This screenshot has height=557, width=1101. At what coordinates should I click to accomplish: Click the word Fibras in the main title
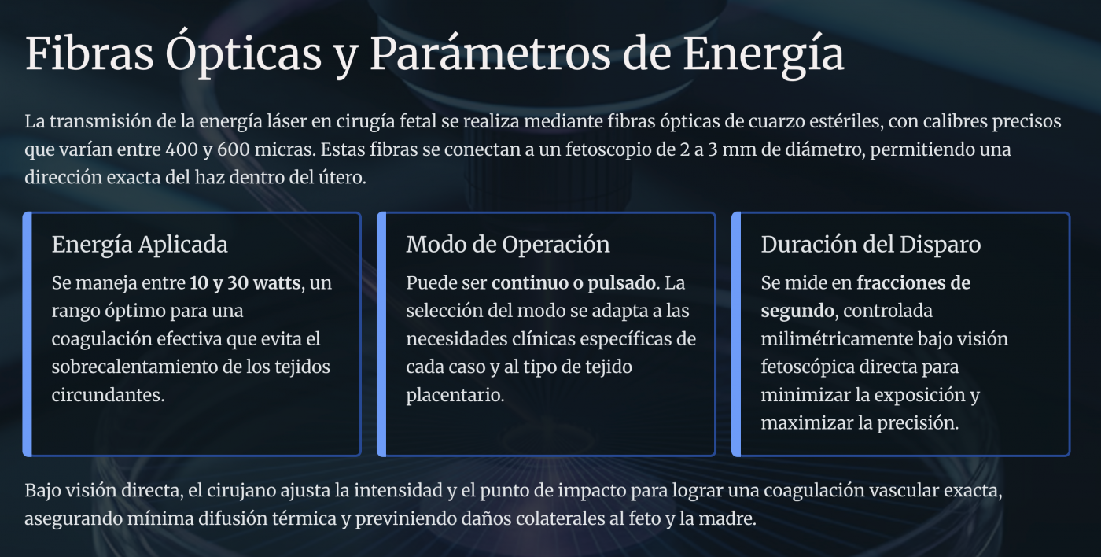coord(89,53)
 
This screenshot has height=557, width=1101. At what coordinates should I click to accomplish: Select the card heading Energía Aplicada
coord(140,245)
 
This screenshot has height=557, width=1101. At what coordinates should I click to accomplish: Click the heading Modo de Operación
coord(508,245)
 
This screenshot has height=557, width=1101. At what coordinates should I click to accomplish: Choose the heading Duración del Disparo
coord(871,245)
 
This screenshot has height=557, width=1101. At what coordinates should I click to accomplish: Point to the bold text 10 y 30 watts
coord(245,283)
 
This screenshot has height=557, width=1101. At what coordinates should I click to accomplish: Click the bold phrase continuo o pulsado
coord(573,283)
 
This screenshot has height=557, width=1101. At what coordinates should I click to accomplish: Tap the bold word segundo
coord(797,312)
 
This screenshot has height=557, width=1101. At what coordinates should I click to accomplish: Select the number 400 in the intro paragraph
coord(182,149)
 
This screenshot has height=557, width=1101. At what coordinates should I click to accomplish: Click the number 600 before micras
coord(234,149)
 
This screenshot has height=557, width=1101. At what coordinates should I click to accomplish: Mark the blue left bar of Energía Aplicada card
coord(28,334)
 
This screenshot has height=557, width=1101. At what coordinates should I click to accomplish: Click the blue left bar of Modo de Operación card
coord(382,334)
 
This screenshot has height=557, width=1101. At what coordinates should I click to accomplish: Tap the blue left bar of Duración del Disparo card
coord(736,334)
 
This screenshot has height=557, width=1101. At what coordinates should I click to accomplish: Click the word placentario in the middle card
coord(455,396)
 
